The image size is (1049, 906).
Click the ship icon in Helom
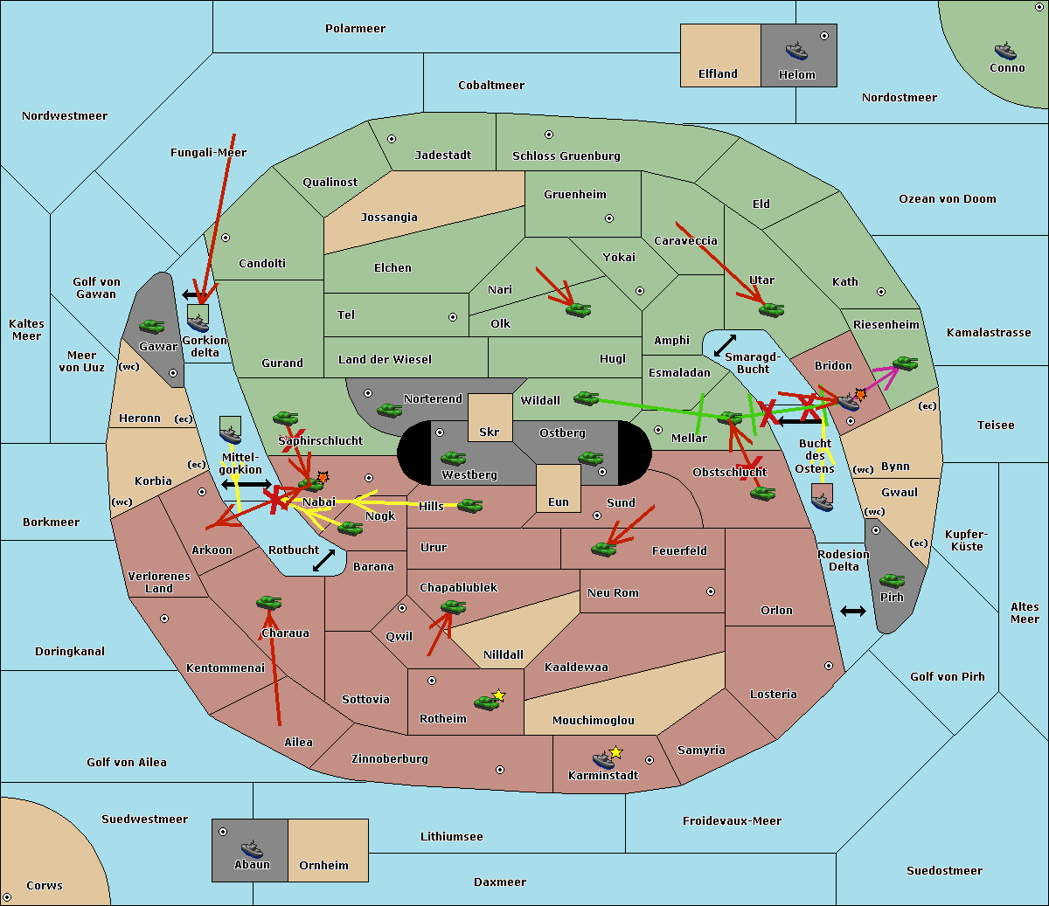[x=796, y=51]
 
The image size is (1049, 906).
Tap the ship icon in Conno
[x=1005, y=51]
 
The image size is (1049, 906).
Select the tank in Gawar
[x=152, y=326]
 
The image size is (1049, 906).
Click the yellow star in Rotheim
[x=499, y=695]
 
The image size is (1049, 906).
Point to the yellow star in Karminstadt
[x=616, y=752]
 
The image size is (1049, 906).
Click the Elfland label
[x=718, y=74]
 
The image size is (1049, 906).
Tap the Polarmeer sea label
[x=355, y=29]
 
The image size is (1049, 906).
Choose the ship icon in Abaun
[x=252, y=848]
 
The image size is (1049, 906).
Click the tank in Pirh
[x=892, y=581]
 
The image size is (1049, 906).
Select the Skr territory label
[x=490, y=432]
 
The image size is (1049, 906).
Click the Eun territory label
[x=559, y=502]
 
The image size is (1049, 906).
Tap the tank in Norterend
[x=389, y=410]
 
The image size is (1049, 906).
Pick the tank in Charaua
[x=268, y=602]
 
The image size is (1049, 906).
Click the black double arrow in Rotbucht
[x=324, y=560]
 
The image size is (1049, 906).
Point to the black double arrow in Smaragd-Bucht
[x=726, y=346]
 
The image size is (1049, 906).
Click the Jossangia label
[x=389, y=218]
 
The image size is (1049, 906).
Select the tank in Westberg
[x=453, y=458]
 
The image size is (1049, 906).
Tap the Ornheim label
[x=323, y=866]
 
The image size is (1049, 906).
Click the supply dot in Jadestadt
[x=392, y=139]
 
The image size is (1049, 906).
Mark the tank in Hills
[x=470, y=505]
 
